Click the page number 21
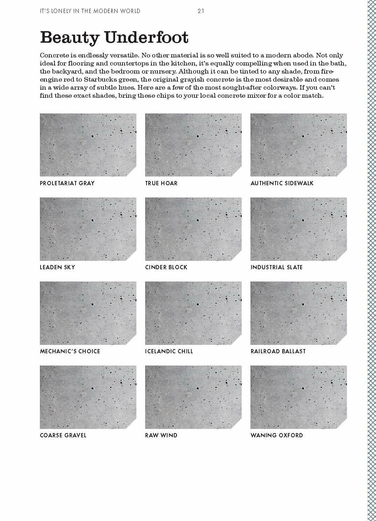200,11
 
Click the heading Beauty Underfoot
114,37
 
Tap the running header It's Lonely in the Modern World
90,11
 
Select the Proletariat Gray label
67,183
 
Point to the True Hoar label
161,183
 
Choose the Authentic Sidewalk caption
282,183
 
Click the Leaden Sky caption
57,267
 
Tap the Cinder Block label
166,267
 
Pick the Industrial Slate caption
276,267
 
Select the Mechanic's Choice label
70,351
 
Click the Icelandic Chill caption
169,351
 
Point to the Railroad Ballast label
278,351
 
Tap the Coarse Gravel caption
63,435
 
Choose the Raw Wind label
161,435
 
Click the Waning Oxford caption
277,435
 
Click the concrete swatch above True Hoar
193,145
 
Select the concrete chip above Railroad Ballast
298,313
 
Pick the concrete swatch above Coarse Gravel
88,397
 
